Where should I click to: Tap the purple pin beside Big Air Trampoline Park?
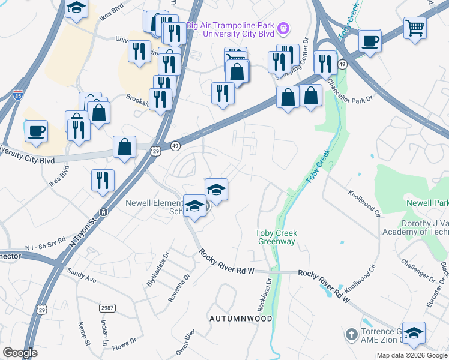pos(284,28)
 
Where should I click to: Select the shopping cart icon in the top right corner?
pos(415,27)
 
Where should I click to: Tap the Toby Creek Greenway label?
pos(276,237)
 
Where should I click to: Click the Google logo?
pos(20,353)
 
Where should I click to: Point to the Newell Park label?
pos(427,203)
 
